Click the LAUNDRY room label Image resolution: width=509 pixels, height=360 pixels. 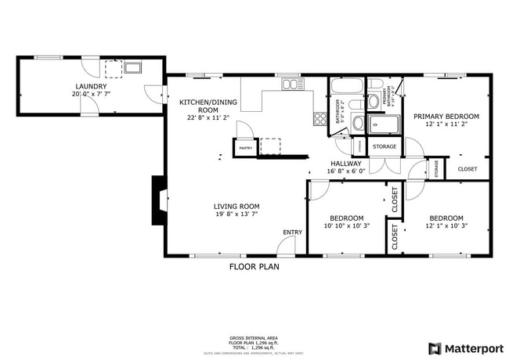pyautogui.click(x=91, y=86)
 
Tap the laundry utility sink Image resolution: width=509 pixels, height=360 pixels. pyautogui.click(x=132, y=67)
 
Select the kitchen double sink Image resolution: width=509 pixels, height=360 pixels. pyautogui.click(x=291, y=84)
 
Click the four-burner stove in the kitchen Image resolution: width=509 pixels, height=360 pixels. pyautogui.click(x=319, y=119)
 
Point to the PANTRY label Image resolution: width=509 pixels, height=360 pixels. pyautogui.click(x=245, y=147)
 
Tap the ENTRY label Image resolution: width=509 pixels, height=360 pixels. pyautogui.click(x=293, y=232)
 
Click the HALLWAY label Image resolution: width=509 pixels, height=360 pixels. pyautogui.click(x=345, y=164)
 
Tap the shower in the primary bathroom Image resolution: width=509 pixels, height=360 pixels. pyautogui.click(x=384, y=124)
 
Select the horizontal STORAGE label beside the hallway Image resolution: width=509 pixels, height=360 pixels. pyautogui.click(x=384, y=146)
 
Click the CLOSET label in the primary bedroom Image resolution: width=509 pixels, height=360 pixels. pyautogui.click(x=467, y=168)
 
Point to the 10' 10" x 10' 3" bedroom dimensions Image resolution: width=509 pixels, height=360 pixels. pyautogui.click(x=345, y=226)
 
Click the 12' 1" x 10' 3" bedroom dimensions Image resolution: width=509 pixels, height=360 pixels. pyautogui.click(x=446, y=226)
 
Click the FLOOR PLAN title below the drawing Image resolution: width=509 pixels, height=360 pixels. pyautogui.click(x=254, y=267)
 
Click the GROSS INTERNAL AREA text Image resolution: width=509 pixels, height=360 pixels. pyautogui.click(x=254, y=338)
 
